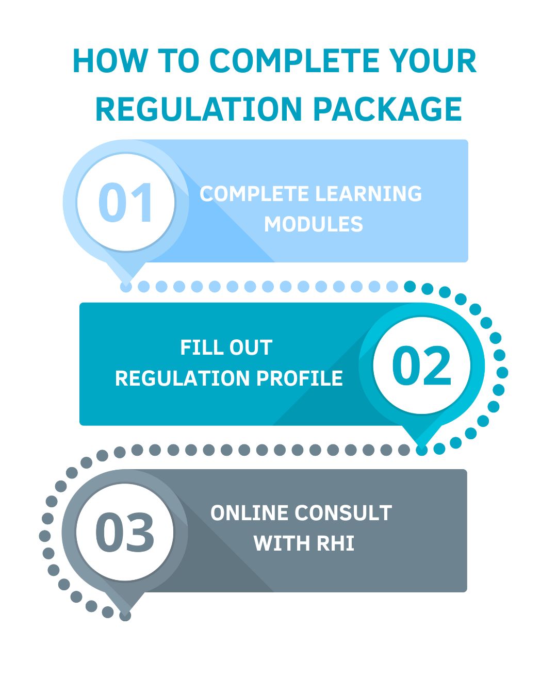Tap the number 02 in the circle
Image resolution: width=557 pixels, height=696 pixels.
pyautogui.click(x=421, y=367)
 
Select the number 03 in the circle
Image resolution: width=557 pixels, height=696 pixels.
pyautogui.click(x=125, y=533)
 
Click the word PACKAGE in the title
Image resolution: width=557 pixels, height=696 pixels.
pyautogui.click(x=387, y=109)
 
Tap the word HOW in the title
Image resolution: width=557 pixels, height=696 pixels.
pyautogui.click(x=110, y=61)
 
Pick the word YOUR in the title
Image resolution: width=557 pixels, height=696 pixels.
pyautogui.click(x=433, y=61)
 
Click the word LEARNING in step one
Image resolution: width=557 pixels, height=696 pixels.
pyautogui.click(x=368, y=194)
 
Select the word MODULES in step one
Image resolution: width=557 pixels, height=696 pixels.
pyautogui.click(x=314, y=224)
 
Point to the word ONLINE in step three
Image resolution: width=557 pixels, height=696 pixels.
pyautogui.click(x=249, y=513)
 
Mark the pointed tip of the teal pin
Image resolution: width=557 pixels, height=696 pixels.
pyautogui.click(x=421, y=449)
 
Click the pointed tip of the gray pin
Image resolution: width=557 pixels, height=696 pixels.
pyautogui.click(x=125, y=614)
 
